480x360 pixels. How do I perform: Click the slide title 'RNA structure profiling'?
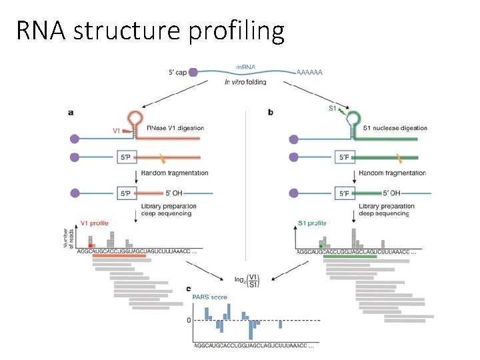click(x=151, y=31)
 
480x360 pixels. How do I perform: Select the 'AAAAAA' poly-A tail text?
click(x=309, y=71)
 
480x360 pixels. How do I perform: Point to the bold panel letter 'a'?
click(x=71, y=113)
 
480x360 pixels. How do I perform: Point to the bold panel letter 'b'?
click(x=270, y=113)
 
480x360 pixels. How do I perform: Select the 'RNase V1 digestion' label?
click(x=176, y=128)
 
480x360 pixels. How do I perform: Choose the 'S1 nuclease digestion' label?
click(x=395, y=128)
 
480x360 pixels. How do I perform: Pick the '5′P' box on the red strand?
click(x=127, y=157)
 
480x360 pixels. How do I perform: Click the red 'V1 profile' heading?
click(x=94, y=223)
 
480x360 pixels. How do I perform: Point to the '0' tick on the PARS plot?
click(x=189, y=321)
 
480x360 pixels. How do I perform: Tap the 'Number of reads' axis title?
click(x=69, y=237)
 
